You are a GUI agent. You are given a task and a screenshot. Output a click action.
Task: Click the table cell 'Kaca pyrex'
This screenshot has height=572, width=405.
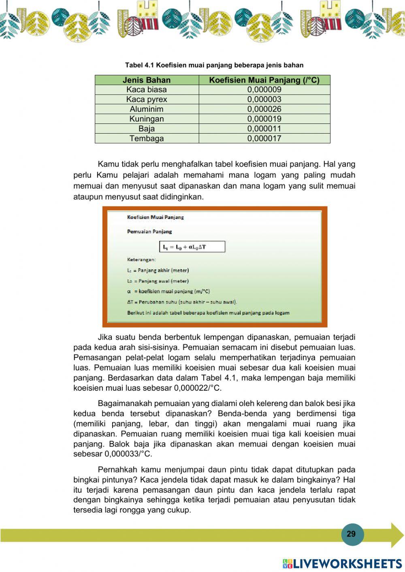[x=147, y=100]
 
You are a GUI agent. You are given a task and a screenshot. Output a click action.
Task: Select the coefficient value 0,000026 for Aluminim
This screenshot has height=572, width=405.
[x=264, y=109]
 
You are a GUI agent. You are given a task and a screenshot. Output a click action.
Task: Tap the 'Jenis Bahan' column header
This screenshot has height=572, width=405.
[x=147, y=80]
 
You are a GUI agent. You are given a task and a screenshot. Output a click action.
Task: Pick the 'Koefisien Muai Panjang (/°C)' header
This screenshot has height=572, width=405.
[x=264, y=80]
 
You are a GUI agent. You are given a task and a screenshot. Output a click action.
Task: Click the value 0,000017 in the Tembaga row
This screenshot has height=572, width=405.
[x=264, y=138]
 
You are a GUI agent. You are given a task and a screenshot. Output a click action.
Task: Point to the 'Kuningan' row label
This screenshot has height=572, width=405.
[x=147, y=119]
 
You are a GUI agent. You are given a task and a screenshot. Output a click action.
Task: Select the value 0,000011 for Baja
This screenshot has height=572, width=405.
[x=264, y=129]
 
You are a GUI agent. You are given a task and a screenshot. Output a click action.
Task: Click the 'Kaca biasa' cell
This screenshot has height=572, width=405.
[x=147, y=90]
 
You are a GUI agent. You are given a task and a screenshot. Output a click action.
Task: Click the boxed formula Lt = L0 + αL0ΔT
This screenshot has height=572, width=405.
[x=192, y=247]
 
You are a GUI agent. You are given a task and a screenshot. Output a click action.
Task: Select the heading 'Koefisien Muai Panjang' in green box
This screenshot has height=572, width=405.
[x=155, y=217]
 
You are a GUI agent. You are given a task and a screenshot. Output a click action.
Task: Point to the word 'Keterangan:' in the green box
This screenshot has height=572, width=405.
[x=141, y=259]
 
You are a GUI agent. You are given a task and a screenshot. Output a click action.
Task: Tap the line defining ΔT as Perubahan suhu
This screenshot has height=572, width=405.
[x=182, y=302]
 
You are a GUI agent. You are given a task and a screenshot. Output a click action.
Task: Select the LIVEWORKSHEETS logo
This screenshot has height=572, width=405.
[x=342, y=564]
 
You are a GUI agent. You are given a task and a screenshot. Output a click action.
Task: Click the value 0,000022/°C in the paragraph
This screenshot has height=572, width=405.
[x=198, y=388]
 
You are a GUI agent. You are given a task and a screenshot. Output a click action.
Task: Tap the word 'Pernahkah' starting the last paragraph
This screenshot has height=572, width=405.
[x=117, y=470]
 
